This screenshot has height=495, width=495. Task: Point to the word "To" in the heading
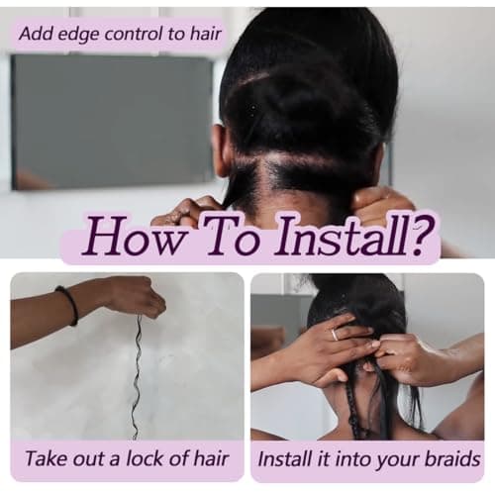230,235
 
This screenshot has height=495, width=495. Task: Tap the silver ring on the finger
336,334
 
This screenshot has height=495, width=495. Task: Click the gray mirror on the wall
112,122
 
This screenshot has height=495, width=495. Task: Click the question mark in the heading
417,235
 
